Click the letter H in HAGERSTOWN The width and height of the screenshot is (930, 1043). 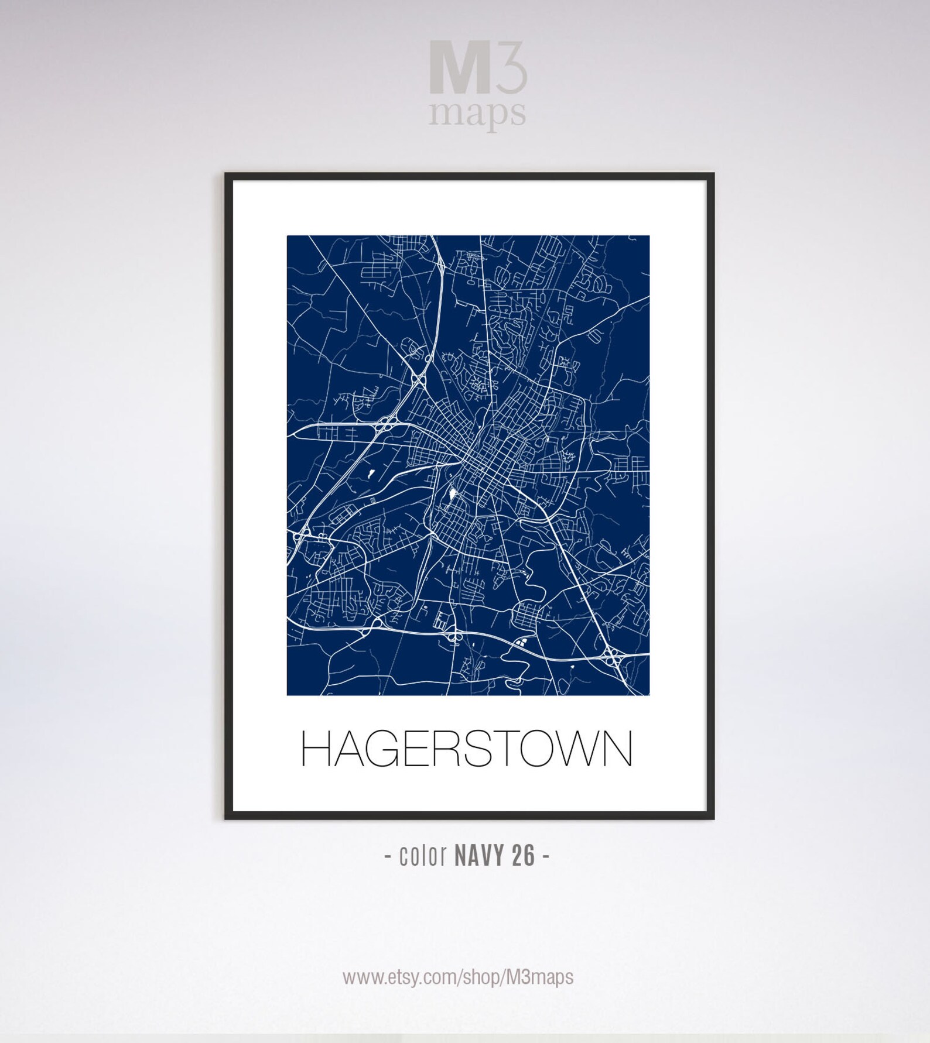tap(317, 749)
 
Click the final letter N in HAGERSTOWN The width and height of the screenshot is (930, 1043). tap(617, 749)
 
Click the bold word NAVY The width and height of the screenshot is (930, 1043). tap(478, 856)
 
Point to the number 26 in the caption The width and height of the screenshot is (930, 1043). tap(523, 856)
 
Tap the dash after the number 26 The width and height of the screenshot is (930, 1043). tap(546, 856)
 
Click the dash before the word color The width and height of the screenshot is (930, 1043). tap(388, 856)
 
